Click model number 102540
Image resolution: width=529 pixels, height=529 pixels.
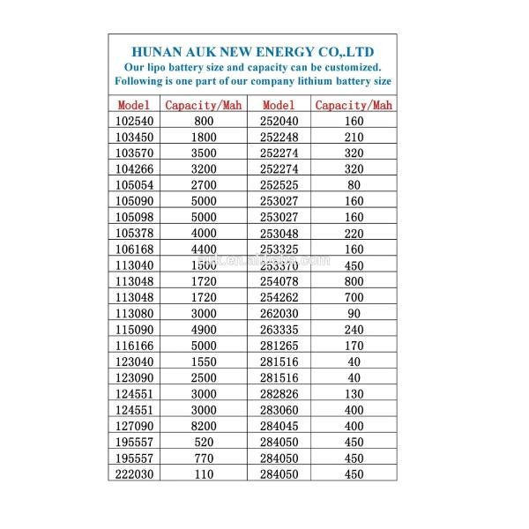[133, 120]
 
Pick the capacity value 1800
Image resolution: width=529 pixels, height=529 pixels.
[204, 136]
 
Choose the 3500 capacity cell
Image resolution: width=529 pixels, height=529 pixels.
[204, 152]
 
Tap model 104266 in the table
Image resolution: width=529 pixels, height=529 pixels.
[133, 168]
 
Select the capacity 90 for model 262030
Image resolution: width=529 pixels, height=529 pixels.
[354, 312]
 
